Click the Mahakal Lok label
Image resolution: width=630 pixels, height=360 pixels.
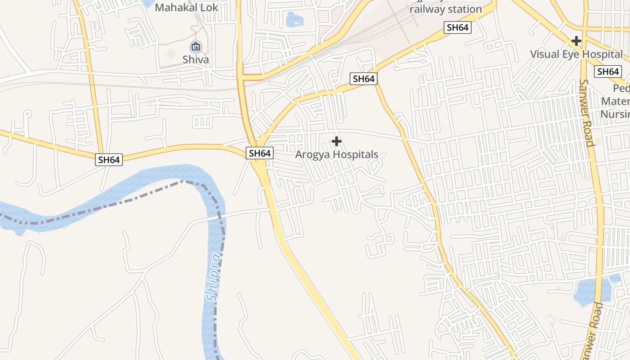point(186,8)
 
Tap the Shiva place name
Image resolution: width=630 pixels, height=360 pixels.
point(196,59)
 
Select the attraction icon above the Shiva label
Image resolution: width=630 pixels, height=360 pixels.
point(196,46)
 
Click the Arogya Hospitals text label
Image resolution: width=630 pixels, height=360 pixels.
point(337,154)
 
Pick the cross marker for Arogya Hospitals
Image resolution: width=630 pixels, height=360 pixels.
point(336,142)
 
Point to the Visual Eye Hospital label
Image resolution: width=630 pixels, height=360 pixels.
point(576,54)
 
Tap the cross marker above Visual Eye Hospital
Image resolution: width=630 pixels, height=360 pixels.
point(576,41)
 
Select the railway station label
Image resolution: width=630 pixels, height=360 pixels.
point(446,9)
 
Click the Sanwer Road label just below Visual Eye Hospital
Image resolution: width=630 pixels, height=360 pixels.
point(587,112)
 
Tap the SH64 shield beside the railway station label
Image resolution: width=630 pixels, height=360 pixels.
point(458,27)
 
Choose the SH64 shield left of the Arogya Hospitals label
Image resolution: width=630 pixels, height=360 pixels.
point(260,153)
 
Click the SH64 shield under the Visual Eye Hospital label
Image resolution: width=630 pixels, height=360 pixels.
point(608,72)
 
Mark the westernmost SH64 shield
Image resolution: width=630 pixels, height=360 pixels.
point(109,159)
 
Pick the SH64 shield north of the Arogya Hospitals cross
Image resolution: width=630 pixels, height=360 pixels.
point(364,79)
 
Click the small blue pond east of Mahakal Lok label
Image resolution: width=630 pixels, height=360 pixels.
point(294,19)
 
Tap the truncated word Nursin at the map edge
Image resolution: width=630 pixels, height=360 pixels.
point(615,113)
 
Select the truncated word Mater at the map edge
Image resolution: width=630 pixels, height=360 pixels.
point(616,101)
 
